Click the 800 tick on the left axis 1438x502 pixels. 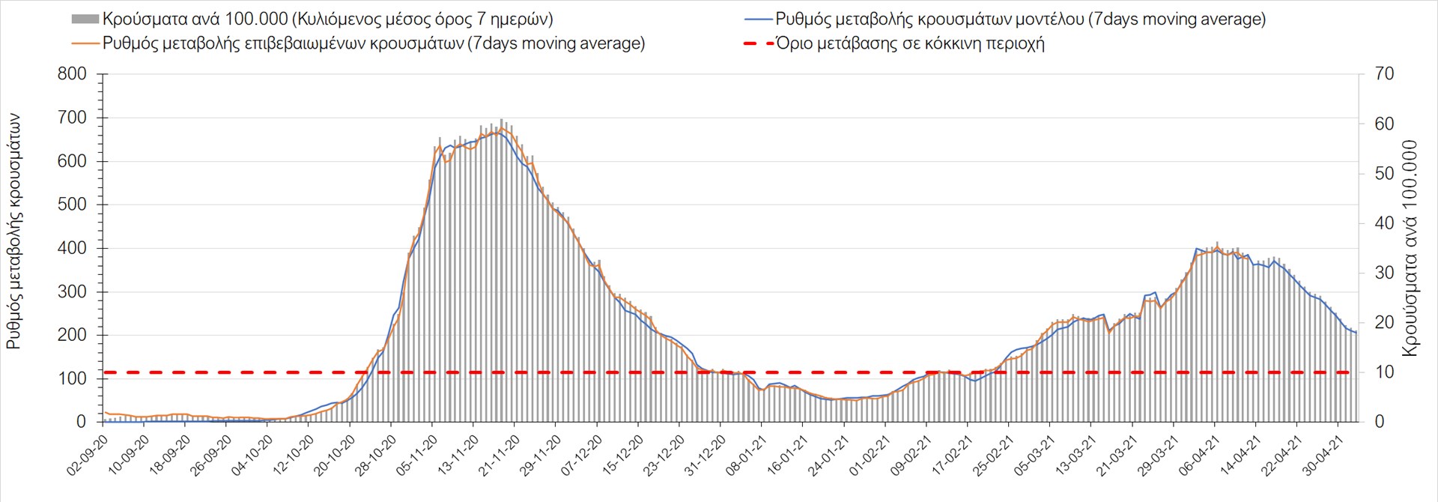72,74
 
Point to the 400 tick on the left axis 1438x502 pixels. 72,248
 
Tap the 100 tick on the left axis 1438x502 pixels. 72,378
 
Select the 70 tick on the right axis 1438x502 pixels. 1384,74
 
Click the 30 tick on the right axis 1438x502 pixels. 1384,273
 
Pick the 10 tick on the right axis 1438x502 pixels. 1384,372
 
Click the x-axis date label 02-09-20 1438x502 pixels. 88,456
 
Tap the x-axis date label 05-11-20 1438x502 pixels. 417,456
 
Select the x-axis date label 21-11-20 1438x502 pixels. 500,456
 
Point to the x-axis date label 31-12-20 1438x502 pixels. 706,456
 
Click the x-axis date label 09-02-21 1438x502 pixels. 911,456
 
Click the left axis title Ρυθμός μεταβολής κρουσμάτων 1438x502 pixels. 14,232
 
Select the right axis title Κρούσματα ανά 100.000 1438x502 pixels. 1410,248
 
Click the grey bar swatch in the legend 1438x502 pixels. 85,19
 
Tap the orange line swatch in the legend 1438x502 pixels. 85,43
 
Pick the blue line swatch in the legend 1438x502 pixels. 758,19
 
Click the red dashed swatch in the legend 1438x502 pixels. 758,43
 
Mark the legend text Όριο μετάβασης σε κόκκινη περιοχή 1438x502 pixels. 910,43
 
